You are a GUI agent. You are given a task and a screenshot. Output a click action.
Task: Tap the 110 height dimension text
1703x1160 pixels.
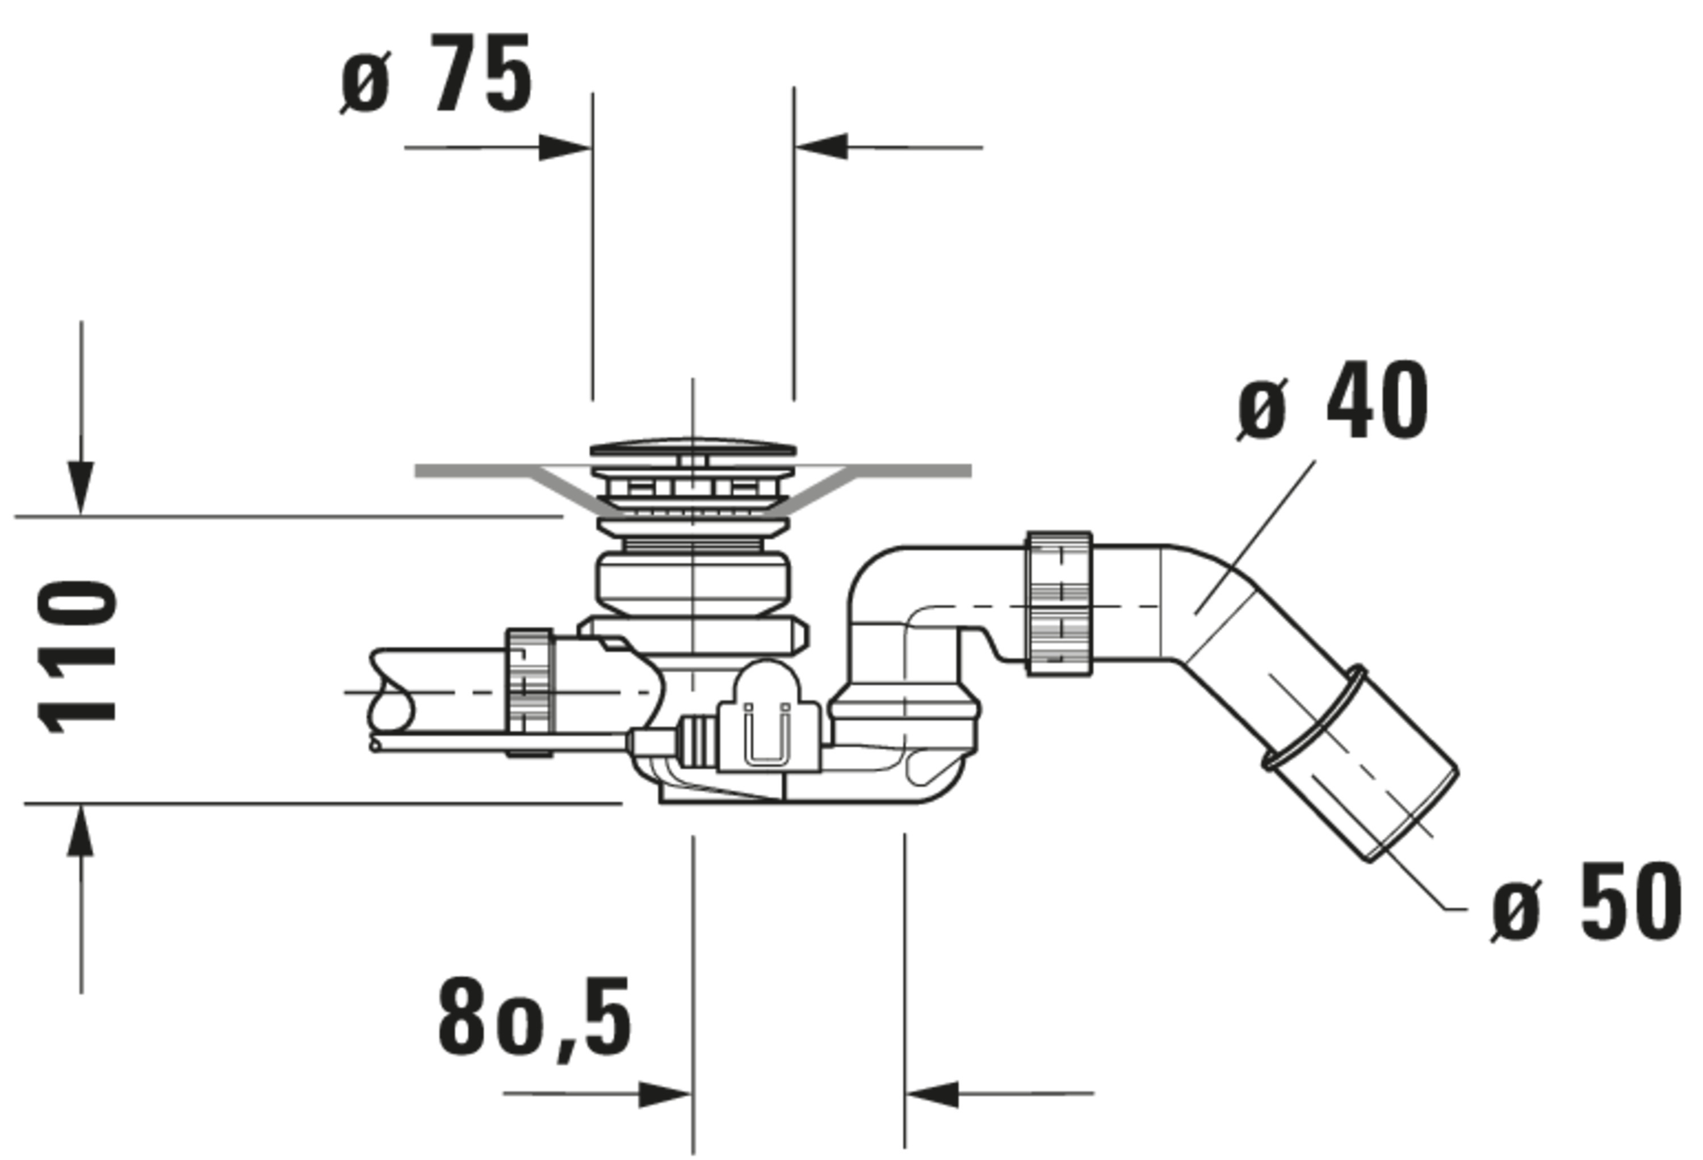78,658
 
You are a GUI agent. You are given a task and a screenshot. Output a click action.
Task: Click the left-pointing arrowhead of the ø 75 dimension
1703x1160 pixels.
822,146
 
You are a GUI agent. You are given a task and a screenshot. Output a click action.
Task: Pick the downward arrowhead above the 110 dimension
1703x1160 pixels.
81,487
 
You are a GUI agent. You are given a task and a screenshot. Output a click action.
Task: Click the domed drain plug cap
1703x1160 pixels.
693,446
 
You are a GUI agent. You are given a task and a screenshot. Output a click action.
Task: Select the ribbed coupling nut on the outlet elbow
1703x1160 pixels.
1059,604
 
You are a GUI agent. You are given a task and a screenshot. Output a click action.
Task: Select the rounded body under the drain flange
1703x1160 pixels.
693,583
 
